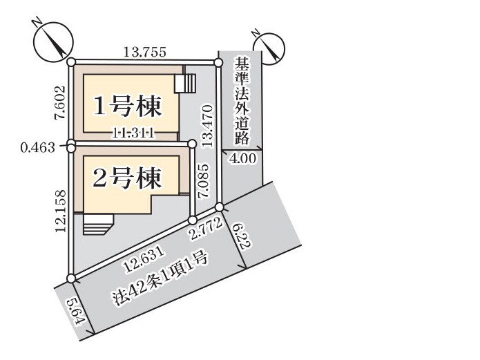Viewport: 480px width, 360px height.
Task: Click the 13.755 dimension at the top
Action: click(145, 52)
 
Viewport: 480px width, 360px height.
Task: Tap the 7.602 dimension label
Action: click(60, 103)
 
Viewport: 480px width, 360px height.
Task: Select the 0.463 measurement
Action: click(38, 148)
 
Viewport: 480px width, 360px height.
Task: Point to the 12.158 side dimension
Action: click(61, 211)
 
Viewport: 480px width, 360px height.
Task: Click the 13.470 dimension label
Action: click(207, 126)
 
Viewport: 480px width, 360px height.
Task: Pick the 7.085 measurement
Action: click(204, 182)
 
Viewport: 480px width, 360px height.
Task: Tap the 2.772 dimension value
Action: click(206, 229)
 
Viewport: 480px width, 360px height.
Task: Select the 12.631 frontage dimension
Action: click(145, 260)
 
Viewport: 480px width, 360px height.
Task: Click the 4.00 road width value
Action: click(242, 159)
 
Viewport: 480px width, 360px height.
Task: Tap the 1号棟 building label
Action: click(127, 106)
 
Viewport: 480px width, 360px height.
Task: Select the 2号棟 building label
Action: click(126, 178)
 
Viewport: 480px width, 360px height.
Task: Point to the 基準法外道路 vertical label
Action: click(242, 101)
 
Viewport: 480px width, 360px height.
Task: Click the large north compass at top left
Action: click(53, 41)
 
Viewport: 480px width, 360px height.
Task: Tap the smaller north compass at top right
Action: click(269, 48)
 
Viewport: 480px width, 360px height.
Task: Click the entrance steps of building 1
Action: click(185, 83)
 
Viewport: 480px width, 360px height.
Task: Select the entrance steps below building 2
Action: click(98, 225)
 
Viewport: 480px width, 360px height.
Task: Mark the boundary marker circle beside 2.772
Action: click(192, 220)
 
